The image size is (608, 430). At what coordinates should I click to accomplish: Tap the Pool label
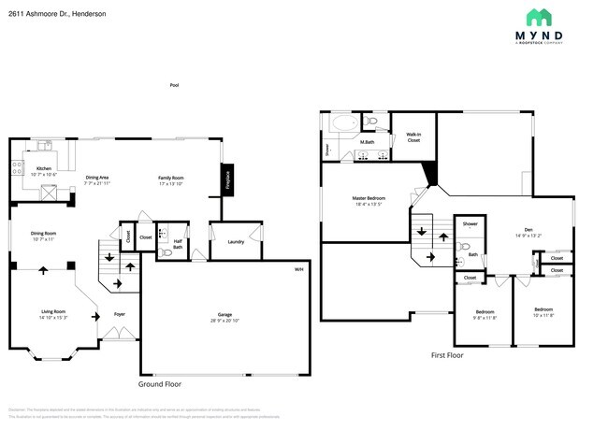click(x=174, y=85)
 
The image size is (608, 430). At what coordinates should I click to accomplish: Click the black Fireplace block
click(x=226, y=179)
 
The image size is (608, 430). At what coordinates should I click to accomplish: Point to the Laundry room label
click(x=237, y=241)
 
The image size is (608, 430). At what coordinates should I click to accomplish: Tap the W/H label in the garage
click(x=298, y=270)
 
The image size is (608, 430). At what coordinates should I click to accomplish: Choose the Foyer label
click(x=120, y=314)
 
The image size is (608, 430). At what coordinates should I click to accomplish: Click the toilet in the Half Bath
click(x=165, y=252)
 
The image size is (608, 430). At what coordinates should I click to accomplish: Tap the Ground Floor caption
click(x=161, y=383)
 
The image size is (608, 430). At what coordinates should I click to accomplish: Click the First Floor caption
click(x=447, y=355)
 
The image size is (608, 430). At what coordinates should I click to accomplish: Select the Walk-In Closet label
click(x=413, y=137)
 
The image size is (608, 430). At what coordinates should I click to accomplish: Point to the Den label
click(x=528, y=231)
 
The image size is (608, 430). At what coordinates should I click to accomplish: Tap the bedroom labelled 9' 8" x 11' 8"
click(x=485, y=314)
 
